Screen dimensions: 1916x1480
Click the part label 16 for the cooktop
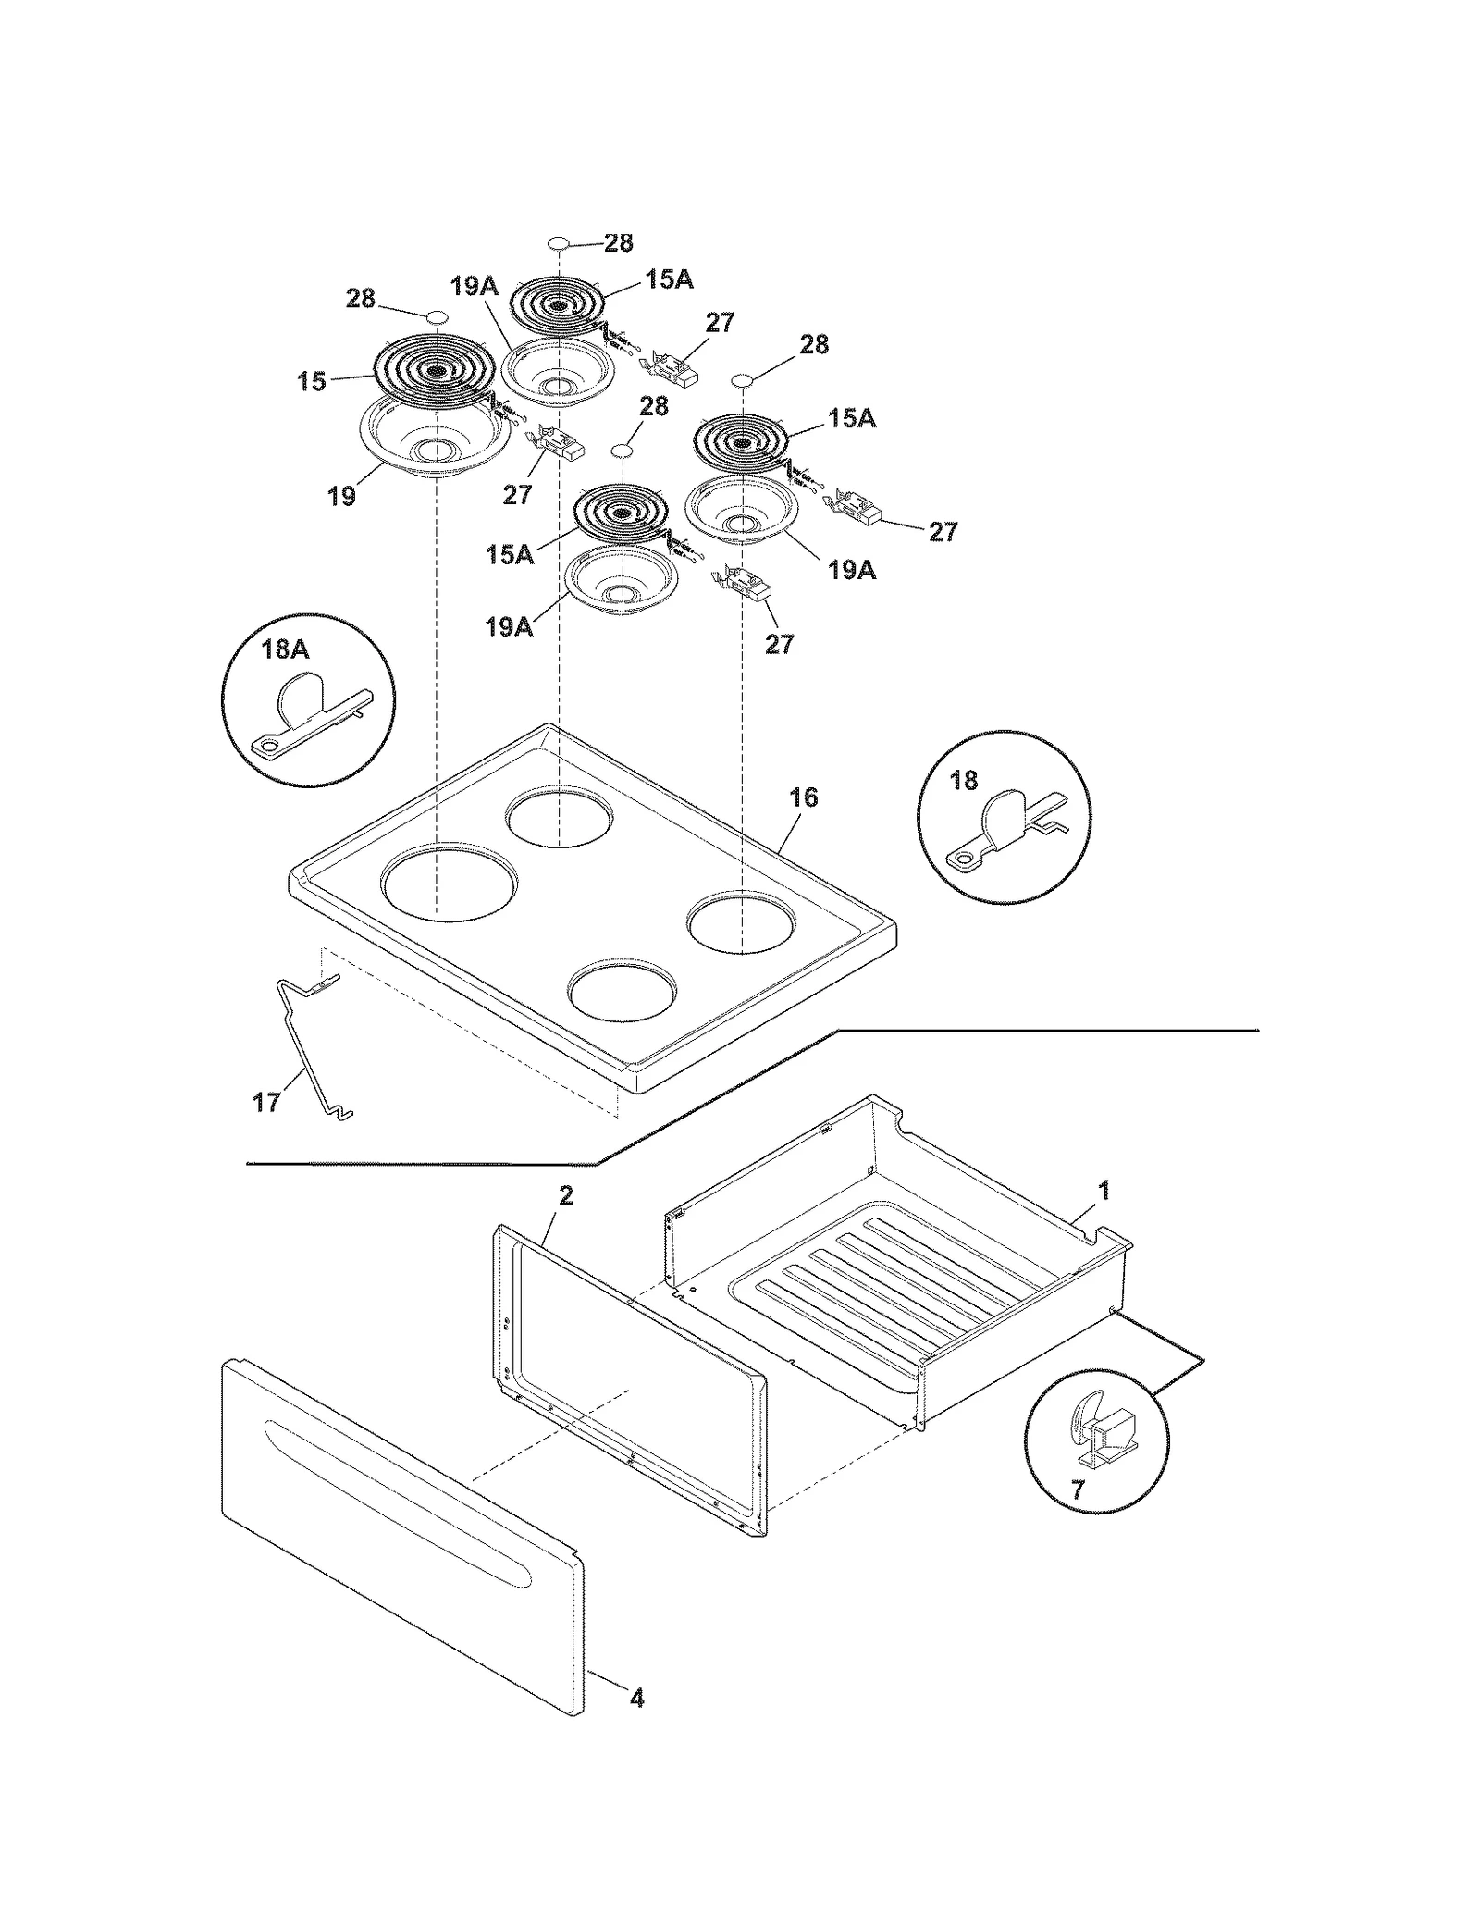(x=803, y=797)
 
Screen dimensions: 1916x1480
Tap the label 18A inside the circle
(x=285, y=649)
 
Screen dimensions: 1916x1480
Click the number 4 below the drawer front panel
(x=636, y=1698)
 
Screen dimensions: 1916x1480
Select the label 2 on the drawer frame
(x=565, y=1195)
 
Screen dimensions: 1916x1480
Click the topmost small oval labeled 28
(x=559, y=242)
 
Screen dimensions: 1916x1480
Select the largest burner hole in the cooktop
(x=448, y=881)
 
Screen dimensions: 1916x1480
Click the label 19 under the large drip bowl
(x=341, y=496)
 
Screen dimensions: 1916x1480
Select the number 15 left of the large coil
(x=312, y=380)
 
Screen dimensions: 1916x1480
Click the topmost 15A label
(x=669, y=279)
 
